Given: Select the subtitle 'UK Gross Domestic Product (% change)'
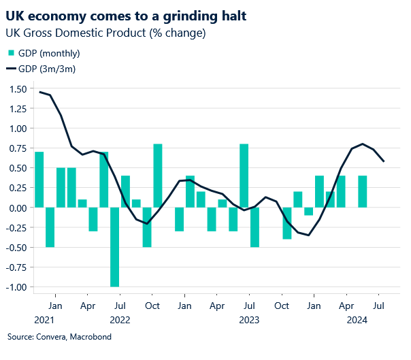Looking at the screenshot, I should pos(105,33).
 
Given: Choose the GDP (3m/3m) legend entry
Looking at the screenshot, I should pos(44,68).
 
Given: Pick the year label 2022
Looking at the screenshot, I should pos(120,319).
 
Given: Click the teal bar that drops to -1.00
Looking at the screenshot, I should pos(114,247).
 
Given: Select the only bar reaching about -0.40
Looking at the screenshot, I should pos(287,223).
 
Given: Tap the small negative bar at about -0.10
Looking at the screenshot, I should pos(309,212).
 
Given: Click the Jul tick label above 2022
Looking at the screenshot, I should pos(120,306).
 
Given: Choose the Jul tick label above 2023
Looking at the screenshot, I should pos(250,306).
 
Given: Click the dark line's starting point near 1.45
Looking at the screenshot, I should pos(39,92).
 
